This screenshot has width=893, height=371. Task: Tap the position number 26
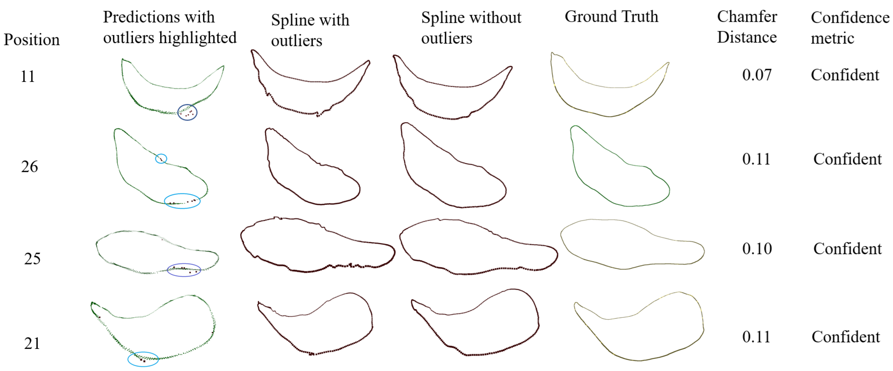[29, 167]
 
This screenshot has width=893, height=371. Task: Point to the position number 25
[32, 259]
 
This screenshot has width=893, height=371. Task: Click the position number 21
[32, 344]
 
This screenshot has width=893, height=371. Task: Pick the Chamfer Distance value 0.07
[757, 75]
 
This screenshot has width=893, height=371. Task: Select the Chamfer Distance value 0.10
[757, 249]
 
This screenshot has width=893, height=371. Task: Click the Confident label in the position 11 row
[845, 75]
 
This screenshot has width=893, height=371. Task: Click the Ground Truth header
[611, 17]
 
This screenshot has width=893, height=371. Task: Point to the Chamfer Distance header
[747, 27]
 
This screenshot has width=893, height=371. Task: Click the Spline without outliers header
[471, 28]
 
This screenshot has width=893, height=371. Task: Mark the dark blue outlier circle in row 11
[187, 112]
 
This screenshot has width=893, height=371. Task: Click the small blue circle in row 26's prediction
[161, 158]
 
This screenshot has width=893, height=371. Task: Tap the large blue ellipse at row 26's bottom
[182, 201]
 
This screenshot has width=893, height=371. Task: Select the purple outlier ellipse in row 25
[184, 270]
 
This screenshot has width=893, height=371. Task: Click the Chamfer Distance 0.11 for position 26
[756, 159]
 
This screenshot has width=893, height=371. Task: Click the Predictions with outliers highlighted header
[170, 27]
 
